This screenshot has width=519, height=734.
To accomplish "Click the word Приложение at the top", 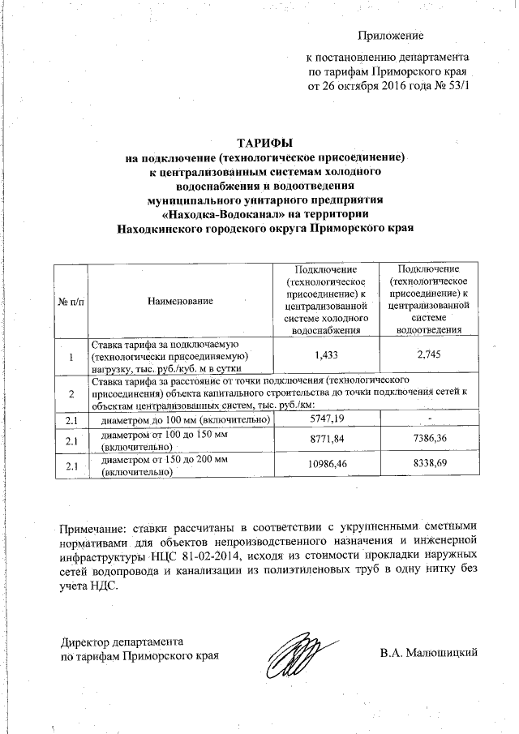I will tap(392, 35).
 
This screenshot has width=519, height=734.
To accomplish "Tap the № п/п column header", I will tap(71, 301).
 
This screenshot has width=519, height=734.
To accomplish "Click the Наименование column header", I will tap(180, 301).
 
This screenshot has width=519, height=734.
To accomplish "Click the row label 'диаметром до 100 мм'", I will tap(182, 420).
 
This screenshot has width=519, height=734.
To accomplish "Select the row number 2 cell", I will tap(71, 393).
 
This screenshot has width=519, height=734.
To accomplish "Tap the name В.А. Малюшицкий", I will tap(427, 651).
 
